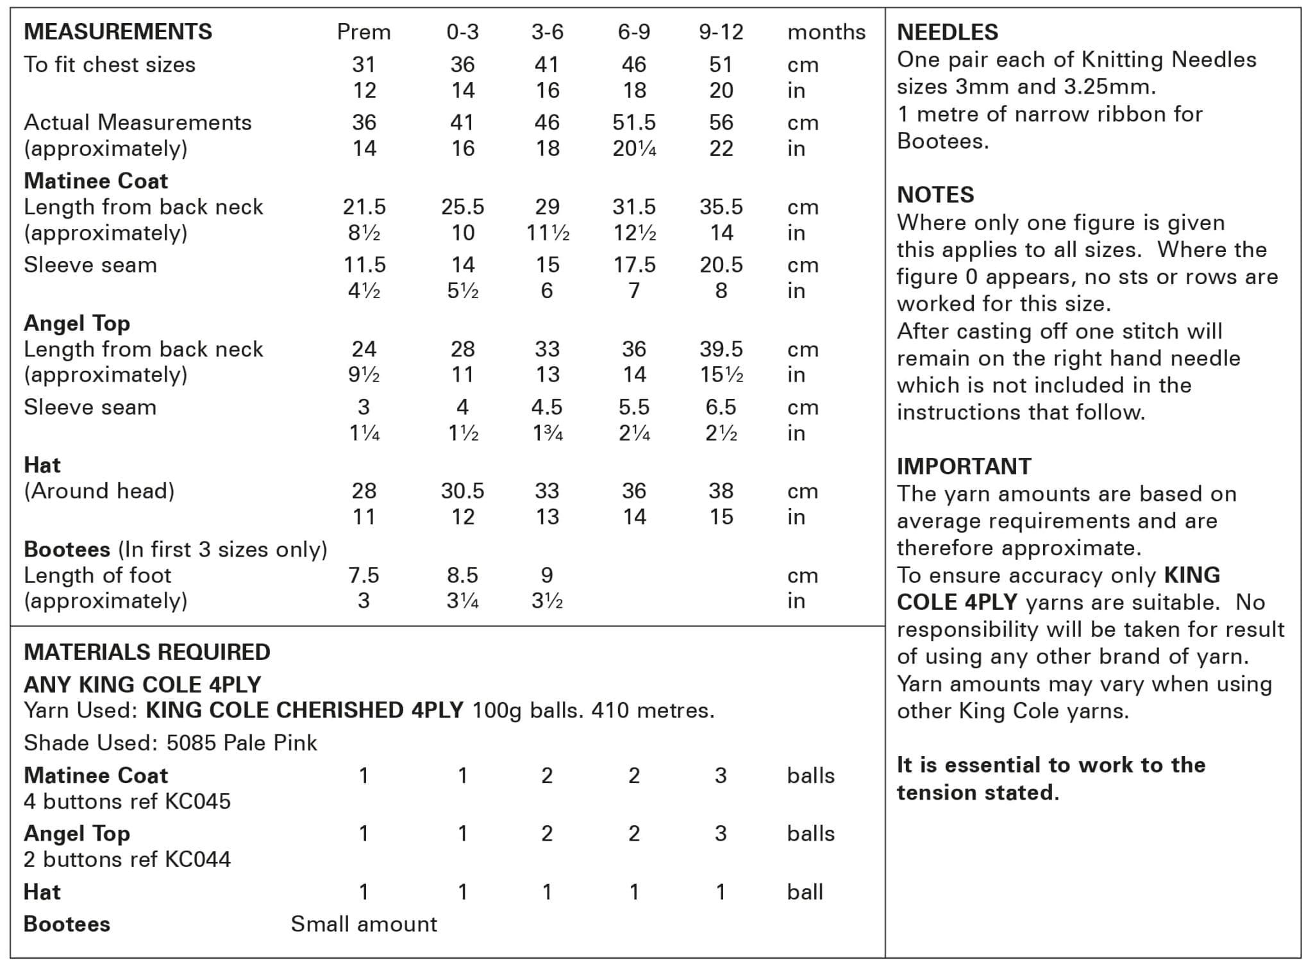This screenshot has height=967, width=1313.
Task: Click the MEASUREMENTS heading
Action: pyautogui.click(x=118, y=31)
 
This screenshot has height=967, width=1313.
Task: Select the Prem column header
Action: pyautogui.click(x=364, y=32)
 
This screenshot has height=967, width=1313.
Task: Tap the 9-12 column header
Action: pyautogui.click(x=721, y=32)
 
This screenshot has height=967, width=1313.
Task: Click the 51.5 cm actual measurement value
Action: pyautogui.click(x=633, y=122)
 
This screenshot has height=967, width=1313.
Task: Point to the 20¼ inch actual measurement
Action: pyautogui.click(x=633, y=149)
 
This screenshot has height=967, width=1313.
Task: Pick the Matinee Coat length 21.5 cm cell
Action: pyautogui.click(x=364, y=207)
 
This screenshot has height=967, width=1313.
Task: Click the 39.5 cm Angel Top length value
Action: pyautogui.click(x=721, y=349)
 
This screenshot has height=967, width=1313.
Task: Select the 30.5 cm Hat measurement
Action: pyautogui.click(x=462, y=491)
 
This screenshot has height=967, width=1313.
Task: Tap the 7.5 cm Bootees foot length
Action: pyautogui.click(x=364, y=575)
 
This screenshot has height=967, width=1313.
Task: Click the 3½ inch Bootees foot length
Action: pyautogui.click(x=547, y=601)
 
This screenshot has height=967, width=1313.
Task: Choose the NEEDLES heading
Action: pyautogui.click(x=948, y=32)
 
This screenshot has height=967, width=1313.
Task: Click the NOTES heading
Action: pyautogui.click(x=935, y=195)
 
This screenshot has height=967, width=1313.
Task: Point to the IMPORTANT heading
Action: pyautogui.click(x=964, y=466)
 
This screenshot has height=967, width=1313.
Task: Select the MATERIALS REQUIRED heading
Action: pyautogui.click(x=147, y=652)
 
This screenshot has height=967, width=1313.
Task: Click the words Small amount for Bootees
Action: pyautogui.click(x=364, y=924)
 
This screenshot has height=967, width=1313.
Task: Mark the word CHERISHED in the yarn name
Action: pyautogui.click(x=339, y=711)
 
